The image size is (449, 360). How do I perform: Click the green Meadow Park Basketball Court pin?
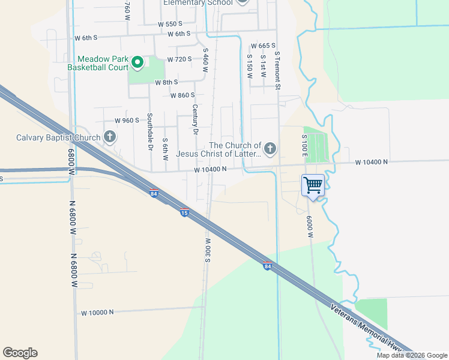point(137,61)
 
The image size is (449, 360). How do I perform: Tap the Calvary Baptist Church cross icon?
point(110,137)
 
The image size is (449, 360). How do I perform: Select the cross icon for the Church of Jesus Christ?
point(270,148)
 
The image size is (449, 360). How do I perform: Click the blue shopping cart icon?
point(313,185)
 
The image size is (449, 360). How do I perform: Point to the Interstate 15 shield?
point(185,212)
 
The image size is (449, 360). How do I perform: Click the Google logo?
point(20,353)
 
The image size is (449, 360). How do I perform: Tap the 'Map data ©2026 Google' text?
point(412,355)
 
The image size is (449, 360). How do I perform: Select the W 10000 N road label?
point(97,312)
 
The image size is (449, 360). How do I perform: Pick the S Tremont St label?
point(278,70)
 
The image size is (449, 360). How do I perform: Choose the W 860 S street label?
point(183,95)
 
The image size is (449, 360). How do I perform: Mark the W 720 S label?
point(179,59)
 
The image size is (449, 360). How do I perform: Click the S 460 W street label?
point(205,61)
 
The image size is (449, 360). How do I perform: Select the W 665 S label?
point(263,46)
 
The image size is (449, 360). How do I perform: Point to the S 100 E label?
point(304,147)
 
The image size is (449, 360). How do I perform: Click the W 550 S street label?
point(170,24)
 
